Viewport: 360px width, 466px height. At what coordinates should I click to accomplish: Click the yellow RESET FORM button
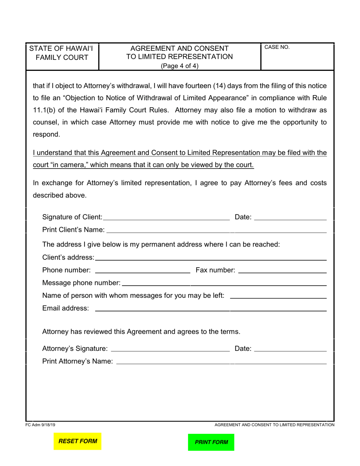[x=77, y=441]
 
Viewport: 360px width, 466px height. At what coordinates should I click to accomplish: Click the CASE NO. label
[x=277, y=47]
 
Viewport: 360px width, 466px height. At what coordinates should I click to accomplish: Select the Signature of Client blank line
[x=166, y=217]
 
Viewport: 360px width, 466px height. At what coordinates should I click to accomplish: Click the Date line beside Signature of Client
[x=290, y=217]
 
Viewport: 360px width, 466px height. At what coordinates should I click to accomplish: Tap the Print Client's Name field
[x=216, y=230]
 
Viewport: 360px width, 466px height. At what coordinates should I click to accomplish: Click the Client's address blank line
[x=211, y=258]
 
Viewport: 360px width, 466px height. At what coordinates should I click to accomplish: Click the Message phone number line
[x=224, y=283]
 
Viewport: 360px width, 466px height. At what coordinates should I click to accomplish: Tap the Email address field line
[x=211, y=308]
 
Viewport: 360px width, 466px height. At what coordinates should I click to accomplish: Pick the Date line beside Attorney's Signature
[x=290, y=349]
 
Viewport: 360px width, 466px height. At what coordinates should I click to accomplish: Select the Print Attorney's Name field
[x=221, y=362]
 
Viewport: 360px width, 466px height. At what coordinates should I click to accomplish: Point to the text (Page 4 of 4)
[x=180, y=66]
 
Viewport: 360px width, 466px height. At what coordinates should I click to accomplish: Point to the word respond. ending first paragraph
[x=46, y=134]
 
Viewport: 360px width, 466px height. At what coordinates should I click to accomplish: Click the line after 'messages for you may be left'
[x=278, y=296]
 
